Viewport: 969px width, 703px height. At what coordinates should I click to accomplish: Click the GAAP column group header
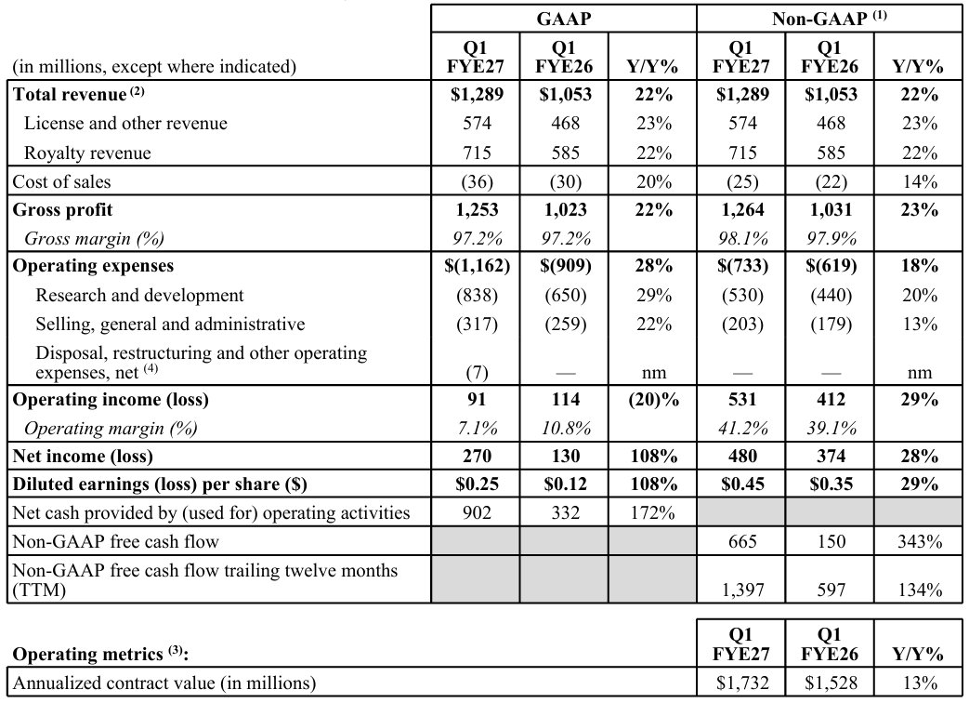point(564,19)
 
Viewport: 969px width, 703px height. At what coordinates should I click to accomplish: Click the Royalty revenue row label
point(87,153)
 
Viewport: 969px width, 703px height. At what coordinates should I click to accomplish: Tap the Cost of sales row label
point(62,181)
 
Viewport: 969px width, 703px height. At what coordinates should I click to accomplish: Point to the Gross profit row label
point(62,209)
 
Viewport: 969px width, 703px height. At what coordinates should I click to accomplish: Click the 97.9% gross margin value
point(831,238)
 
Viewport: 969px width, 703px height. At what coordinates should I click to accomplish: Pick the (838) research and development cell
point(478,295)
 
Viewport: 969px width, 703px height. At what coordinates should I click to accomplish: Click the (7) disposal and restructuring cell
point(478,372)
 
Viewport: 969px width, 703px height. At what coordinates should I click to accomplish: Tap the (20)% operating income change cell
point(654,400)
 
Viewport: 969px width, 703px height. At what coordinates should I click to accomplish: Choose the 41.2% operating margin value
point(742,428)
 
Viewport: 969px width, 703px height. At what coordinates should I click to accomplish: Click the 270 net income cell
point(478,456)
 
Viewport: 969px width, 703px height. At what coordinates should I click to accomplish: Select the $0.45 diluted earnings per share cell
point(742,484)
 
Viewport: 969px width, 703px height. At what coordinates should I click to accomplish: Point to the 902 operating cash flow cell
point(478,512)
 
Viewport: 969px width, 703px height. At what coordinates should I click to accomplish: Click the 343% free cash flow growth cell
point(920,541)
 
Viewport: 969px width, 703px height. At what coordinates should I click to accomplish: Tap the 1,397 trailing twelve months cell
point(742,590)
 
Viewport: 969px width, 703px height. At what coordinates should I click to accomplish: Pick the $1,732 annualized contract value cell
point(742,683)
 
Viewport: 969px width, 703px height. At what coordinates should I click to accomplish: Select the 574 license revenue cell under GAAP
point(478,123)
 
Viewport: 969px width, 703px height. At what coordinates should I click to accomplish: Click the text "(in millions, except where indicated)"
point(154,66)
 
